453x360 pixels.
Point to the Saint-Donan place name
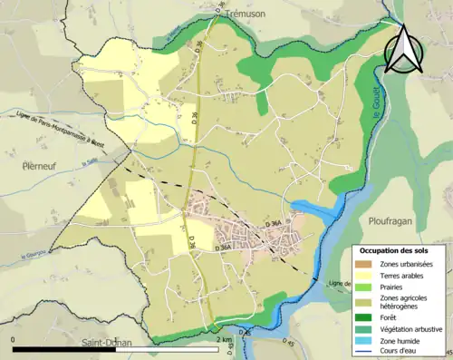[x=106, y=344]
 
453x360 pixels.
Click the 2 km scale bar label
[x=226, y=339]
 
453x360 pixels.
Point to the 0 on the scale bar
[x=14, y=339]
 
